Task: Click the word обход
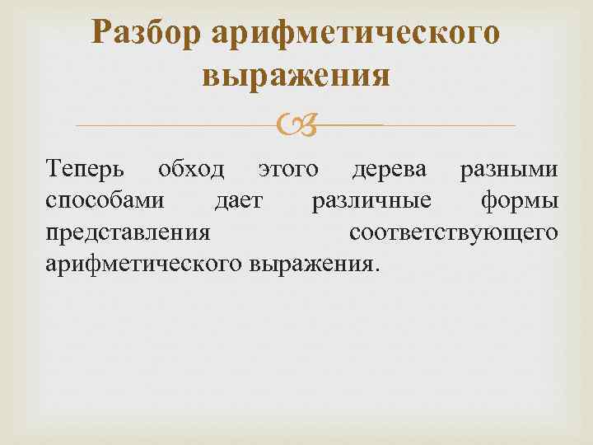(191, 169)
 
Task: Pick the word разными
(509, 170)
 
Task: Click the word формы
(520, 201)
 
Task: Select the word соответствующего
(454, 232)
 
